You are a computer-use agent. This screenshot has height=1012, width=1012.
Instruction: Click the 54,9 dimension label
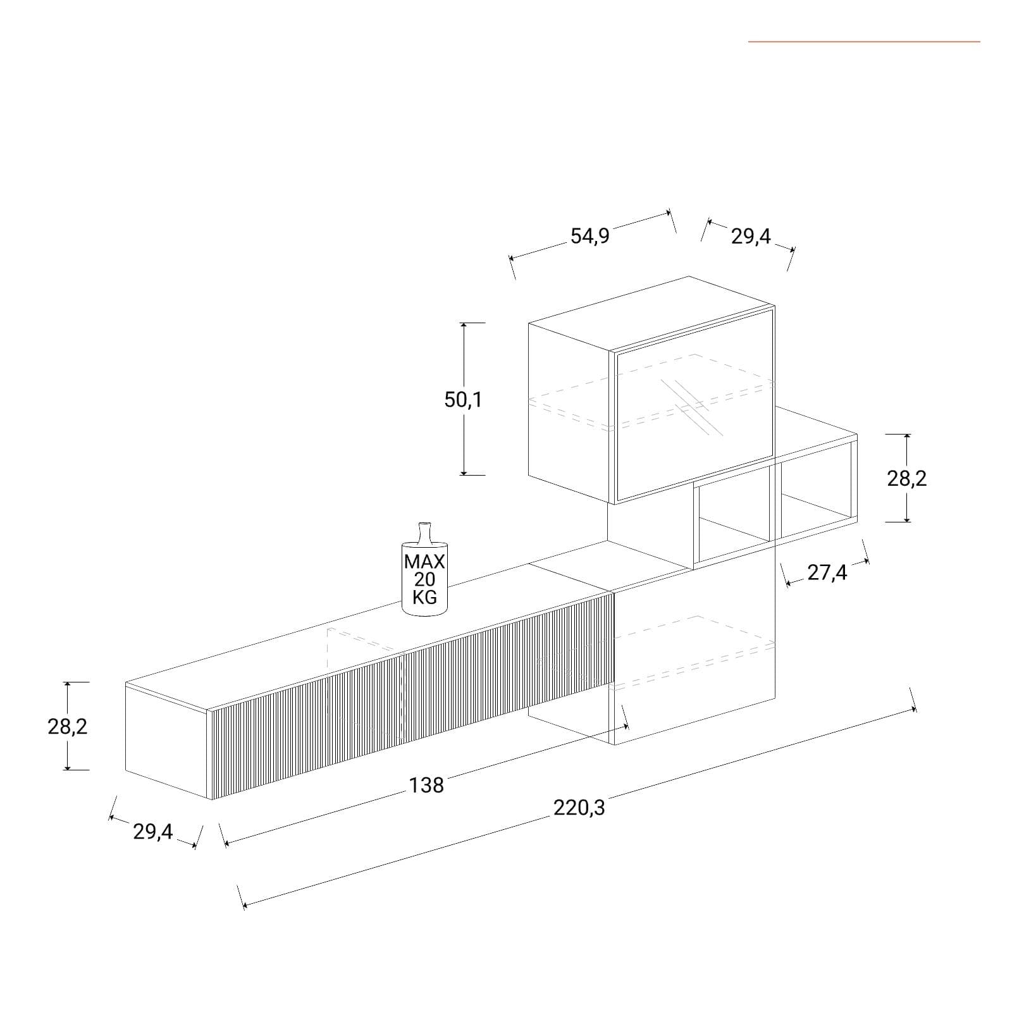point(589,236)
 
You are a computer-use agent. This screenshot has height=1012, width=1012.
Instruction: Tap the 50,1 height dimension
point(463,400)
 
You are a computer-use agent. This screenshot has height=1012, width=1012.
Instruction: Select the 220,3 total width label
point(579,808)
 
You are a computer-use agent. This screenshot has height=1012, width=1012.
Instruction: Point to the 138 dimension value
point(427,785)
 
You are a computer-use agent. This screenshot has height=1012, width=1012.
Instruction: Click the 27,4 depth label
point(827,572)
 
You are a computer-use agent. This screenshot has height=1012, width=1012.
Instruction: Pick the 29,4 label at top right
point(751,237)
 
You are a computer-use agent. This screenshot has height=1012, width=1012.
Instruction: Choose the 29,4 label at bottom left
point(152,832)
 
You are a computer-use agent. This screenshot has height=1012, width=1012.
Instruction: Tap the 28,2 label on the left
point(68,727)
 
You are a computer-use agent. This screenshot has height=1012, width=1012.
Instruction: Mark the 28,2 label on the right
point(907,479)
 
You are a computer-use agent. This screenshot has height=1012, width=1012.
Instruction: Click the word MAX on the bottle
point(424,562)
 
